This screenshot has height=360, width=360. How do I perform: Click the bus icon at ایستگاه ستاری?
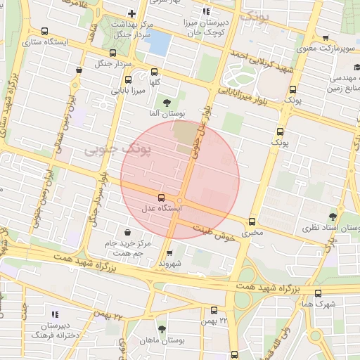46,31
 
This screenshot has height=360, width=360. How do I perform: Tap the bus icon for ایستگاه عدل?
162,198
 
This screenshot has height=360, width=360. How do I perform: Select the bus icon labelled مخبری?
252,221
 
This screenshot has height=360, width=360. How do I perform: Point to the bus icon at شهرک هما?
318,293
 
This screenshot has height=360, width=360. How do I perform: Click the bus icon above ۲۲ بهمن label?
214,309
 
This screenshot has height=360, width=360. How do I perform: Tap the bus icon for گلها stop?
155,72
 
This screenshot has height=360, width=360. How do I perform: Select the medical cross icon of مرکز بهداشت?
131,14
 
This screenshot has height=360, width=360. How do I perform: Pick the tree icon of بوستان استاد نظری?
332,217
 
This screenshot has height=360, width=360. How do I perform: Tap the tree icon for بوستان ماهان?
162,329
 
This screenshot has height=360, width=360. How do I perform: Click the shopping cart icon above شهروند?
169,253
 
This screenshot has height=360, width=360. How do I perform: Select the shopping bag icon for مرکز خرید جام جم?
127,233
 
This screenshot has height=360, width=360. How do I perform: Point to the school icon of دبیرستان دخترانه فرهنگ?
55,314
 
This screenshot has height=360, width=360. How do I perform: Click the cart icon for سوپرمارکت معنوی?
325,38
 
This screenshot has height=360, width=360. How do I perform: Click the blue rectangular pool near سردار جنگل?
159,44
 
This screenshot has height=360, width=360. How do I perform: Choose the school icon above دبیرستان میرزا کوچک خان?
206,11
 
